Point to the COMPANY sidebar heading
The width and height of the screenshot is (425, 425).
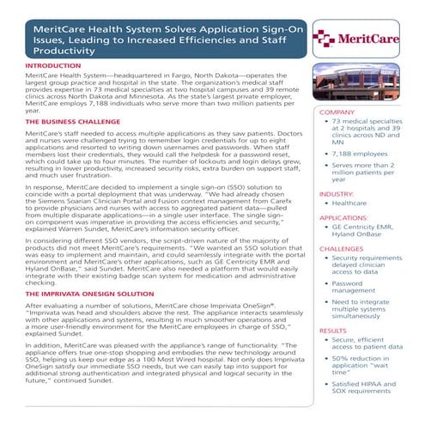point(337,112)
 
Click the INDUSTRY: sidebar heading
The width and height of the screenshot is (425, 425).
point(337,195)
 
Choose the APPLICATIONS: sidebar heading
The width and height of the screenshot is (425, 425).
point(343,219)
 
